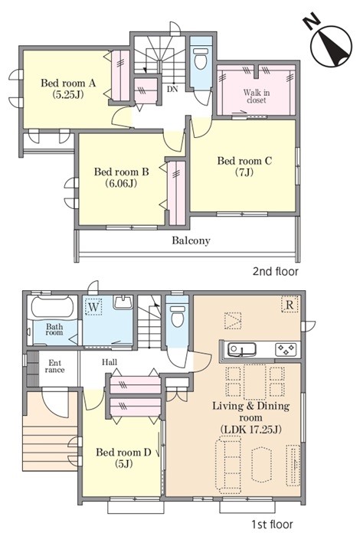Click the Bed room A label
[x=68, y=88]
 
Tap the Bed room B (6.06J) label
[x=121, y=177]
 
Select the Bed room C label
[x=244, y=166]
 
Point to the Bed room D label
[x=123, y=458]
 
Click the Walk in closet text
[x=257, y=96]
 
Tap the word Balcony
[x=191, y=240]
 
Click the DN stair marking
[x=172, y=90]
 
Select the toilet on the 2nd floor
[x=201, y=58]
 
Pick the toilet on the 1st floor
[x=177, y=315]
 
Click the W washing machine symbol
[x=93, y=307]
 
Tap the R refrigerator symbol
[x=290, y=304]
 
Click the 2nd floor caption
[x=275, y=271]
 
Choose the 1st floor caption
[x=273, y=524]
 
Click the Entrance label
[x=54, y=366]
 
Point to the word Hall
[x=110, y=362]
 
